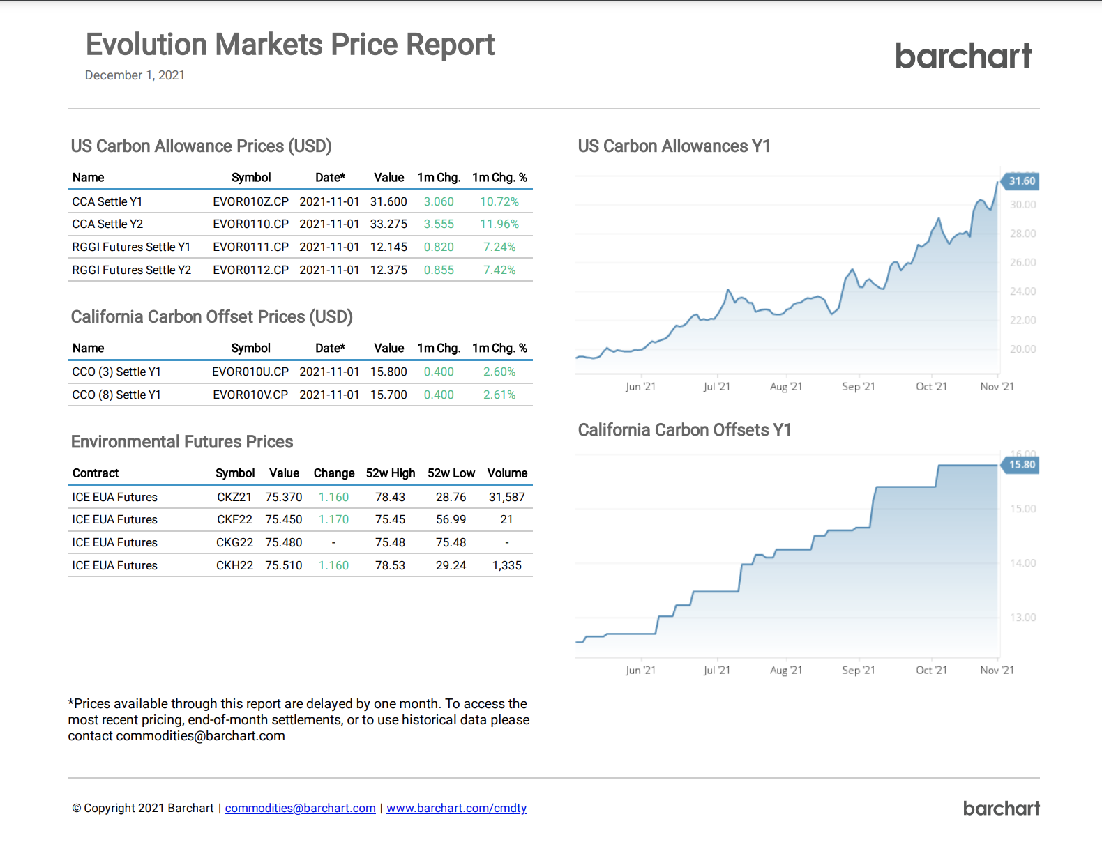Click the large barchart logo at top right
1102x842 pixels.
tap(963, 56)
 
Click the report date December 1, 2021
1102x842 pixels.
tap(135, 75)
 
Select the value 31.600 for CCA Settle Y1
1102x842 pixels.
tap(388, 201)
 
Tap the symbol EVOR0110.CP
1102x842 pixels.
tap(250, 224)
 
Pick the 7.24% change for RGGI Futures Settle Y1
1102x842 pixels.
tap(499, 247)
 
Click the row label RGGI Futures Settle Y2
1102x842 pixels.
tap(131, 270)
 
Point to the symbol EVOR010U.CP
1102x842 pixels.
tap(250, 372)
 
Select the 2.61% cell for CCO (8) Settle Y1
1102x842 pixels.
tap(499, 395)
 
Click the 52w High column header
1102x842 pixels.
tap(390, 473)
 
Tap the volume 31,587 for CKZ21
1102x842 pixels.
tap(506, 497)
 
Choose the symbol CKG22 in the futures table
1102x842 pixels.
tap(234, 542)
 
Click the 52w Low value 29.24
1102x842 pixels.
tap(451, 565)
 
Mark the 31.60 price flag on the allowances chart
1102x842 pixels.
tap(1021, 181)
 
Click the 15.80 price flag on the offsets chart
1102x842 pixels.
tap(1021, 465)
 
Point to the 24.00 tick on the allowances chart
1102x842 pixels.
tap(1022, 291)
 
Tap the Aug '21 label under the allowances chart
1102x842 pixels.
tap(786, 387)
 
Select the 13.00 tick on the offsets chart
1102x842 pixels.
tap(1022, 618)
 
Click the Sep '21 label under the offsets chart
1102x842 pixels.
tap(858, 671)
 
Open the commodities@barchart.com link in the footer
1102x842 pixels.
tap(300, 808)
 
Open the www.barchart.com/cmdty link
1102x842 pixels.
tap(456, 808)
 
